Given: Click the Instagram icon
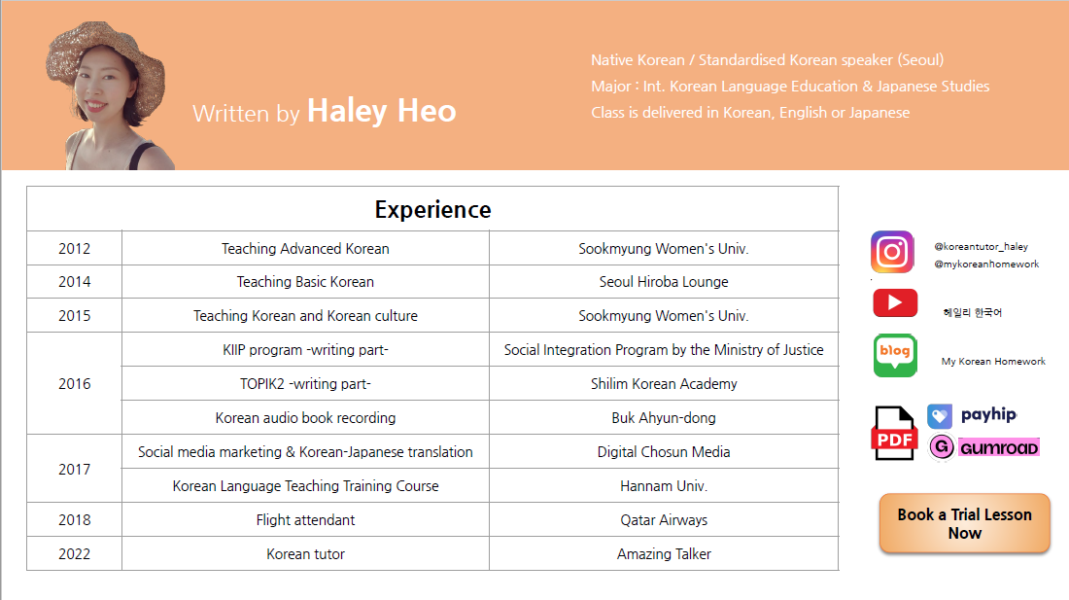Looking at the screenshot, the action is click(892, 252).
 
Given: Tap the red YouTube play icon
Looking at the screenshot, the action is click(895, 302).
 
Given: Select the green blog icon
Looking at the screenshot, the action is click(895, 355).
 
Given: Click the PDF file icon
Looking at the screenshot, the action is click(894, 433).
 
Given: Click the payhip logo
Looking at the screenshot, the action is click(972, 415).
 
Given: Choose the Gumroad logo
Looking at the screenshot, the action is click(984, 447).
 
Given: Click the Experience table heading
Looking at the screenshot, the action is click(432, 209).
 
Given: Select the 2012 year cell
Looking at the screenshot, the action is click(74, 248).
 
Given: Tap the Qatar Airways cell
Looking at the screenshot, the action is click(664, 519).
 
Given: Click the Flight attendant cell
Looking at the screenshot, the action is click(305, 519).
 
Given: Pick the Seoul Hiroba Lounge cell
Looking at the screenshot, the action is click(664, 282).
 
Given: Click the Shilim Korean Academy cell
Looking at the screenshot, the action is click(664, 383).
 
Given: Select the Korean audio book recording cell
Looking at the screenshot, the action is click(305, 417).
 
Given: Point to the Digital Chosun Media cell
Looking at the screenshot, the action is click(664, 451).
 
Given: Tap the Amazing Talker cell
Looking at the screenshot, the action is click(664, 553).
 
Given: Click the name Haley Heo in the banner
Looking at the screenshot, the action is click(382, 111).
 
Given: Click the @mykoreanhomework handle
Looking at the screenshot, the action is click(986, 264).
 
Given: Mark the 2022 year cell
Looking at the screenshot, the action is click(74, 553).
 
